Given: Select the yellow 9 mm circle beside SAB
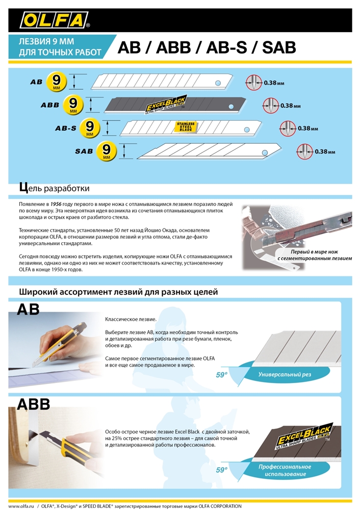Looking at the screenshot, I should click(x=107, y=151).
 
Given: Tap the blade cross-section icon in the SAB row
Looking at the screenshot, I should click(x=304, y=151).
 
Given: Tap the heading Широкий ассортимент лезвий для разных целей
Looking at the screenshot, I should click(x=118, y=292).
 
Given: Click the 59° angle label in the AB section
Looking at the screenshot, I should click(x=221, y=375).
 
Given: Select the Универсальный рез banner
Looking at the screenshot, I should click(x=284, y=375).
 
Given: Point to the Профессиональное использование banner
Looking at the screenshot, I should click(x=284, y=470).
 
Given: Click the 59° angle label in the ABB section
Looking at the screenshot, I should click(x=221, y=470).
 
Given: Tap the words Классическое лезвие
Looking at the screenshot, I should click(x=131, y=319).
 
